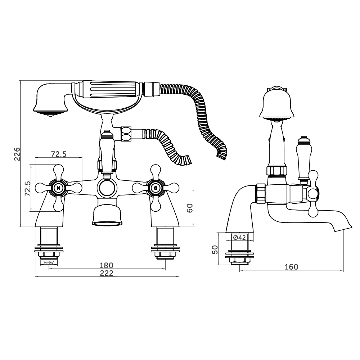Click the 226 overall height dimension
[x=17, y=154]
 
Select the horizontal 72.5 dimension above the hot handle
[x=59, y=154]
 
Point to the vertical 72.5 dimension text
[x=28, y=189]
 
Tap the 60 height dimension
[x=190, y=208]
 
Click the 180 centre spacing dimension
[x=107, y=265]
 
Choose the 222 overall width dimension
[x=107, y=273]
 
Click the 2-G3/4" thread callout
[x=49, y=263]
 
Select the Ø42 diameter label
[x=239, y=237]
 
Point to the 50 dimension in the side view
[x=215, y=249]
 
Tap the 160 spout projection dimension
[x=291, y=267]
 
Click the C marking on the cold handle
[x=156, y=188]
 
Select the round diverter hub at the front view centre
[x=107, y=188]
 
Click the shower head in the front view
[x=51, y=100]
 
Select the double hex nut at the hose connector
[x=126, y=134]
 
